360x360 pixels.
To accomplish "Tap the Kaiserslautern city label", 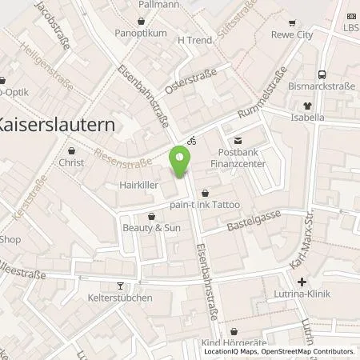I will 56,125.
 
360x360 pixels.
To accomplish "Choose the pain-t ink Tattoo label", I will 206,206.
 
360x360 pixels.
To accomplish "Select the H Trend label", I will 193,39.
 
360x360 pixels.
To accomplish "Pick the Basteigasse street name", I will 258,229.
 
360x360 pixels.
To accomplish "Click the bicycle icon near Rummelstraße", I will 191,140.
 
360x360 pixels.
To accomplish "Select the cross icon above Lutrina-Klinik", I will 302,282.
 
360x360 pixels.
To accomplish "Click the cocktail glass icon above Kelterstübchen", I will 121,286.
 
